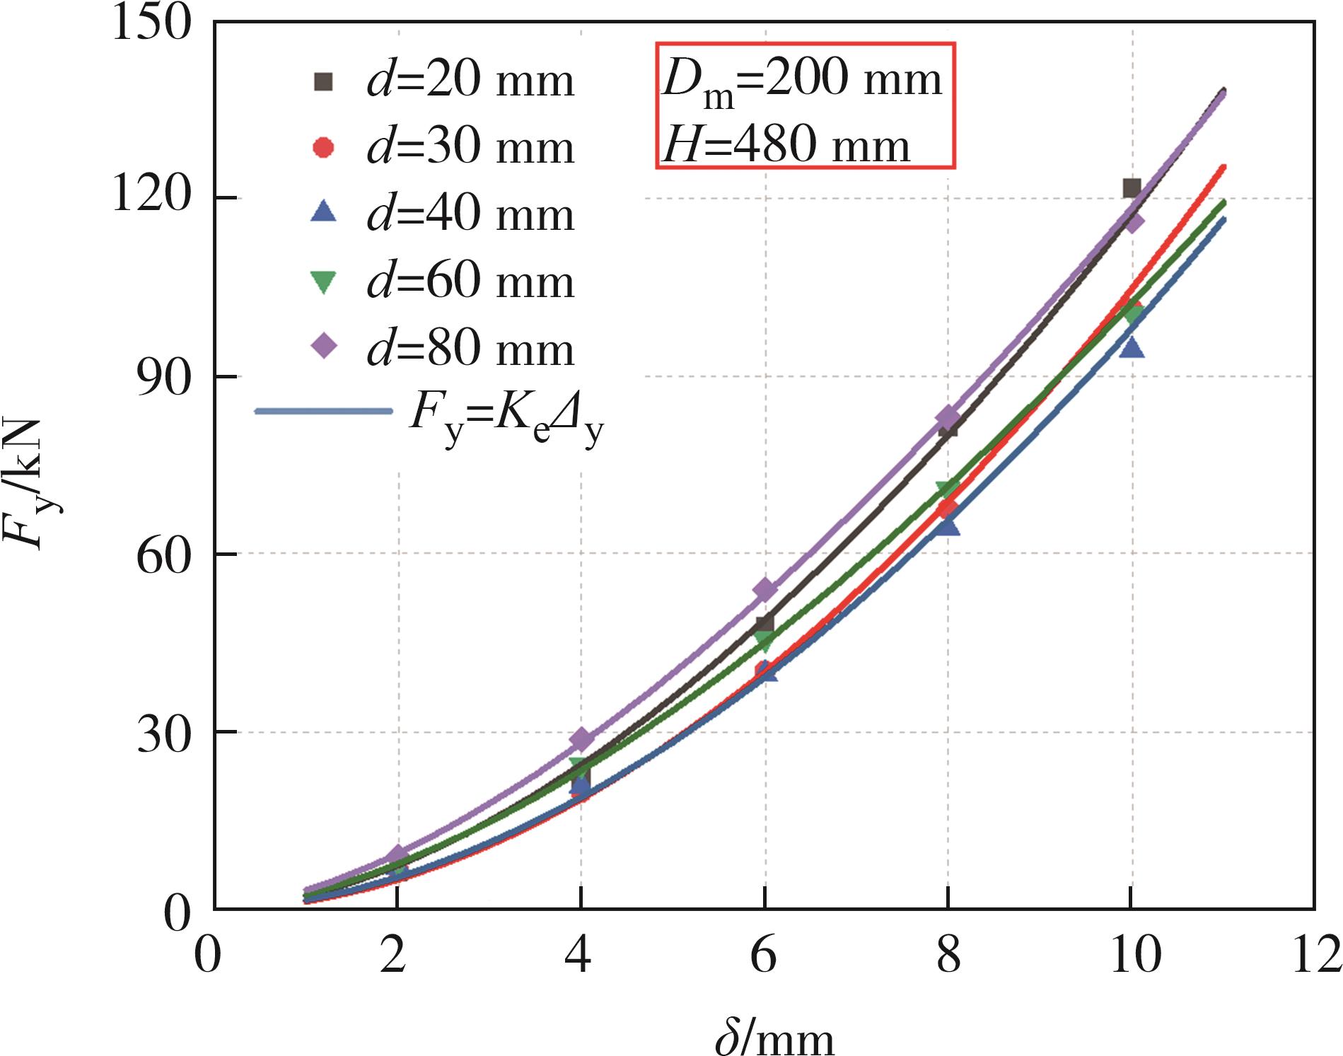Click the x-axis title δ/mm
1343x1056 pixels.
(x=774, y=1035)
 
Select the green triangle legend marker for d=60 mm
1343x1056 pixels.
(x=324, y=282)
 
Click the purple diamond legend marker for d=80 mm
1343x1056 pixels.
(x=324, y=347)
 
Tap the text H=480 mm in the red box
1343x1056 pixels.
(x=786, y=146)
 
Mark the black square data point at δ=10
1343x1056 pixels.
(x=1132, y=188)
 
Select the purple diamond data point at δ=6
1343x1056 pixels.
(x=764, y=590)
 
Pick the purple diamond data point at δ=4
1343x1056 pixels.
(x=581, y=740)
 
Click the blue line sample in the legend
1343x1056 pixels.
(x=323, y=411)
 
